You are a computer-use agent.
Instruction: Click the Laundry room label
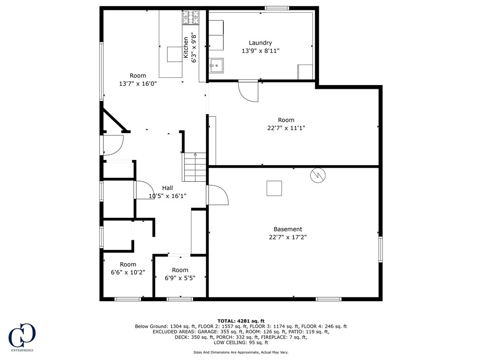260,43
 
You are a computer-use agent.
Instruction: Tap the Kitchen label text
186,47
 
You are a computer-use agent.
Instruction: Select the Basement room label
288,229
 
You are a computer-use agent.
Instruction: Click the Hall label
167,188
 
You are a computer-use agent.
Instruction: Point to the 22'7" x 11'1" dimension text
286,128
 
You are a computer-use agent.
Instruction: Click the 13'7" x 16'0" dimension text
138,84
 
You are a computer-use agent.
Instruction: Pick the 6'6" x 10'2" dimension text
128,273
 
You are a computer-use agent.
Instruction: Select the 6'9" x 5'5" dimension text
180,278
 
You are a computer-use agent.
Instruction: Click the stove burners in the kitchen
191,17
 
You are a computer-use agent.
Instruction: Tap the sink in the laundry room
216,66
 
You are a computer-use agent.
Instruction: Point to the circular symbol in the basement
318,175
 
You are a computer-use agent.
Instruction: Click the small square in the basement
274,188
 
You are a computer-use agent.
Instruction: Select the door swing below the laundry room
249,91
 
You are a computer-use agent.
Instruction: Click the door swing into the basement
218,195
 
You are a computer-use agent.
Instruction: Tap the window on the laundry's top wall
277,8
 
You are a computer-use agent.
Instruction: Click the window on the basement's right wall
381,249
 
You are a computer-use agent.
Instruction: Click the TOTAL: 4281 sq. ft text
241,321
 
